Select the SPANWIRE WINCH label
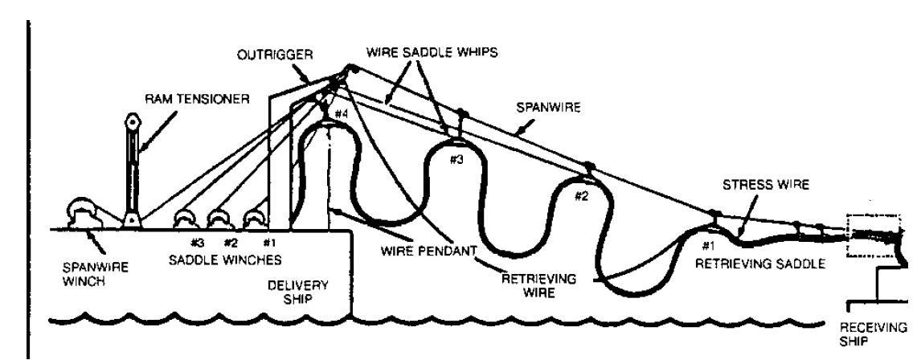pos(90,270)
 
